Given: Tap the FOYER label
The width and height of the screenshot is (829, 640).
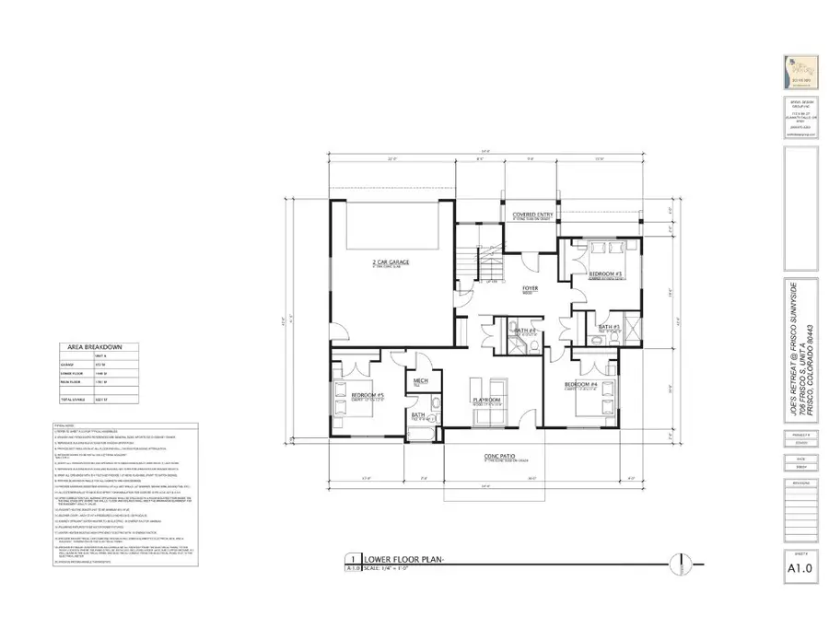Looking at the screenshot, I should click(x=530, y=288).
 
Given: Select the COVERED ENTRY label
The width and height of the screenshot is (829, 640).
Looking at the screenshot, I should click(x=531, y=215).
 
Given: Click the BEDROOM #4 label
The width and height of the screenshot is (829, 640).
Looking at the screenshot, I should click(x=581, y=382).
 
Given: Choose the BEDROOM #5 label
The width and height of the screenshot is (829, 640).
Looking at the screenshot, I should click(x=368, y=396).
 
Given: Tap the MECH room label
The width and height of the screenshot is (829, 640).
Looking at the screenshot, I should click(x=419, y=380).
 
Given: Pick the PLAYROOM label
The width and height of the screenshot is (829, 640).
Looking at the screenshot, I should click(x=485, y=399).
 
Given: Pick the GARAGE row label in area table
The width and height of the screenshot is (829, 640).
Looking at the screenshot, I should click(x=71, y=364).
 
